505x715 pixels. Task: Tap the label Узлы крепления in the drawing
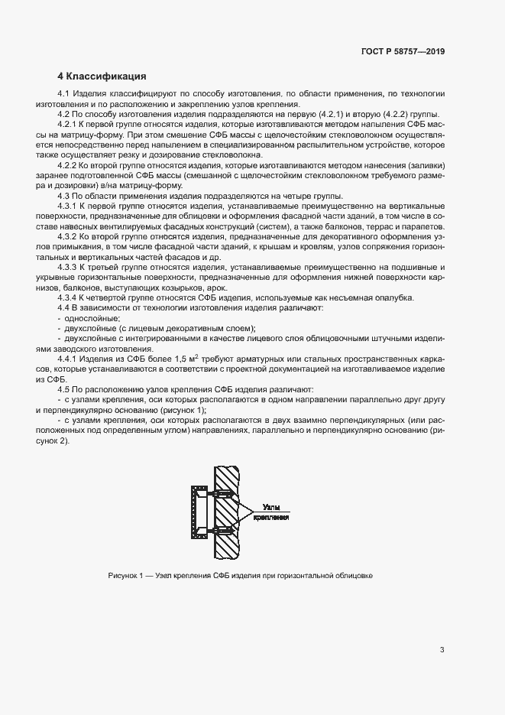[271, 512]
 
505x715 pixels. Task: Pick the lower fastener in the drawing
[219, 530]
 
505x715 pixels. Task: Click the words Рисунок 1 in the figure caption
[124, 575]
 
